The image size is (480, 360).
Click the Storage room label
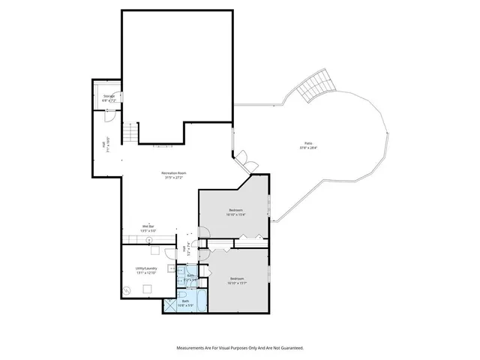109,96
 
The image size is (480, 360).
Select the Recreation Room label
174,173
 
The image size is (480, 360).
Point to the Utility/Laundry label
145,268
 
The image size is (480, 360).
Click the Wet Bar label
148,226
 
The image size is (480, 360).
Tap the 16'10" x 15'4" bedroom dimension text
236,214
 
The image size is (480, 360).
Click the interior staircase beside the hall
130,133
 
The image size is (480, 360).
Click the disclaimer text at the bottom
239,348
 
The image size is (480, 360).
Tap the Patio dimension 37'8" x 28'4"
308,148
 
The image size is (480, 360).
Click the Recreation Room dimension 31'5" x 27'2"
174,178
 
